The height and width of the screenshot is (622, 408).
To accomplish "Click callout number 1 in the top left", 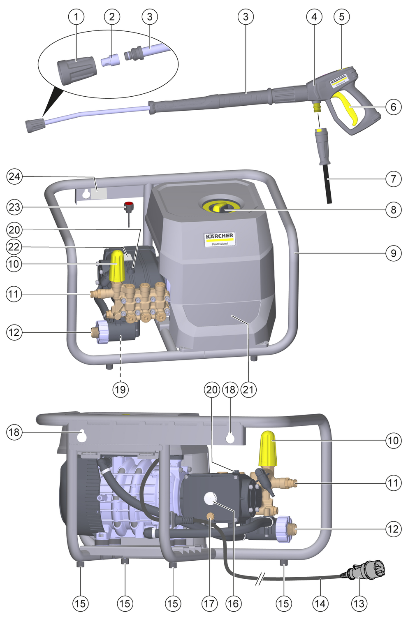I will pos(76,17).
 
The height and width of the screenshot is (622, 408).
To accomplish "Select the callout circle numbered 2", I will pos(112,17).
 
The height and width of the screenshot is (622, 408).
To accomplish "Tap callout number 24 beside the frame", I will pos(14,176).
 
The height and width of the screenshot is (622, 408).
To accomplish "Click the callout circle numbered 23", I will pos(14,207).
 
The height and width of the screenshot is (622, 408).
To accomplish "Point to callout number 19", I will pos(121,389).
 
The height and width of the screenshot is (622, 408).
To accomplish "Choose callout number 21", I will pos(248,389).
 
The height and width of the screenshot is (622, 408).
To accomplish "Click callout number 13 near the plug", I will pos(359,603).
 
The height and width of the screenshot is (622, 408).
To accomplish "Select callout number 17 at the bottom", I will pos(209,603).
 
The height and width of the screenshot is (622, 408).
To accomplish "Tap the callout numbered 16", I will pos(233,603).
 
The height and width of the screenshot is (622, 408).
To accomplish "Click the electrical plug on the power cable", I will pos(367,571).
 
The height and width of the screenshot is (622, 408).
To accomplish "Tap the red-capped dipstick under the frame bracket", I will pos(129,206).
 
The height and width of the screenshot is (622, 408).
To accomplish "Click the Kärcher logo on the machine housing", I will pos(220,239).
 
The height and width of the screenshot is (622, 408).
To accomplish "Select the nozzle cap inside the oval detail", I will pos(77,70).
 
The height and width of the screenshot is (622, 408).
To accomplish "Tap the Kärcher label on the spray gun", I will pos(339,80).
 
